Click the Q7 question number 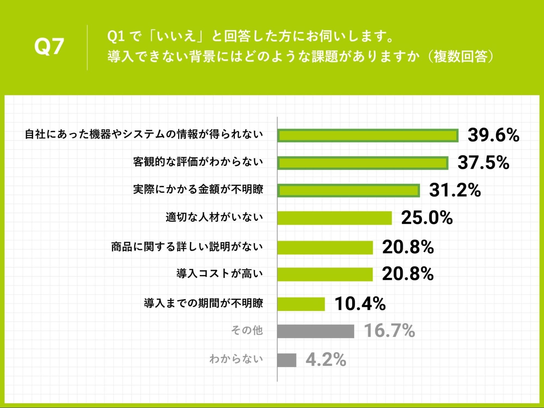tap(49, 47)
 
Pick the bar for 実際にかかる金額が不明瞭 tap(349, 190)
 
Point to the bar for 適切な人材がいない tap(334, 218)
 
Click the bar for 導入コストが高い tap(325, 274)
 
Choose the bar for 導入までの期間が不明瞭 tap(301, 304)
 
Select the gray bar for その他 tap(316, 331)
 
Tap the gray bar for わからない tap(287, 360)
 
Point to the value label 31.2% tap(455, 190)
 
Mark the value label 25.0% tap(427, 218)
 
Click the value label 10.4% tap(360, 304)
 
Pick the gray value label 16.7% tap(389, 331)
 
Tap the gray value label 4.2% tap(326, 360)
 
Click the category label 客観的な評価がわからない tap(198, 162)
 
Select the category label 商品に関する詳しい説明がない tap(187, 247)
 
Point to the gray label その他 tap(247, 330)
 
